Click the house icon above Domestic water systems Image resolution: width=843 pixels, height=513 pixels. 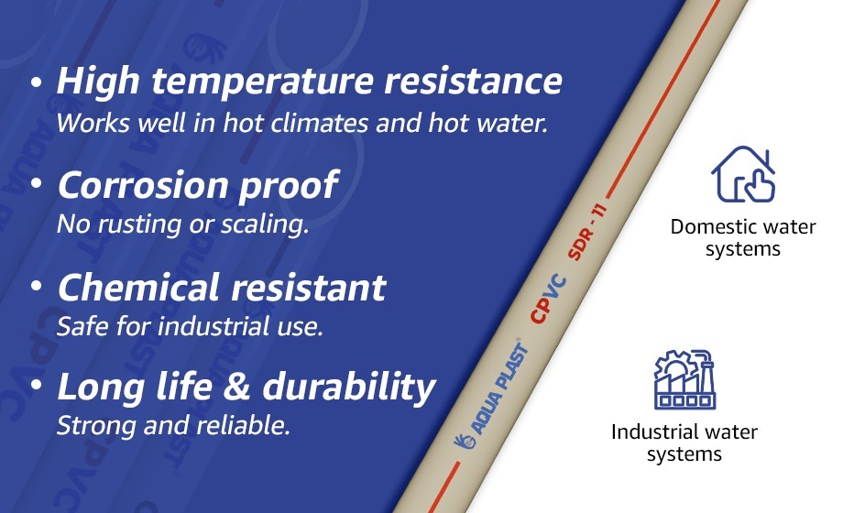click(743, 175)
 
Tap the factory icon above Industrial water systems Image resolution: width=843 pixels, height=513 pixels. click(684, 379)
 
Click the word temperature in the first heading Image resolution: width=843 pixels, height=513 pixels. click(253, 83)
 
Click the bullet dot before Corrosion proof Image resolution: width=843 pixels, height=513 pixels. click(37, 185)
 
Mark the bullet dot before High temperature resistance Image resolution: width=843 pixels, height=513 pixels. click(37, 82)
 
